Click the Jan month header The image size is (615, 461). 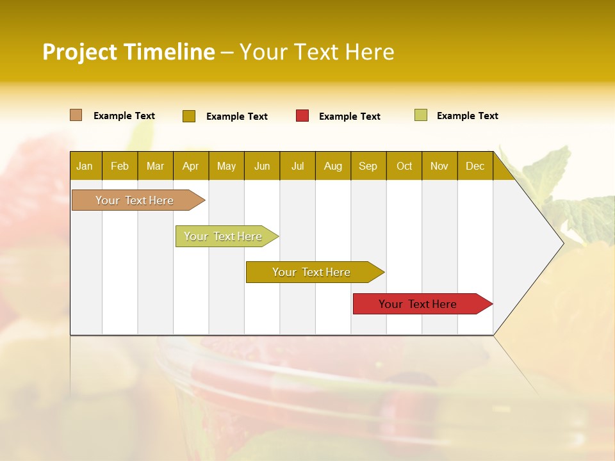click(85, 166)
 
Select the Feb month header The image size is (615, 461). click(120, 166)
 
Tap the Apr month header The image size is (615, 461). click(191, 166)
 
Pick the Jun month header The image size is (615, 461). click(262, 166)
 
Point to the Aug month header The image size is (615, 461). click(333, 166)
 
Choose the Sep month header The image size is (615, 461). click(368, 166)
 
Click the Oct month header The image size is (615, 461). click(404, 166)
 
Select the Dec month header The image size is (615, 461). click(475, 166)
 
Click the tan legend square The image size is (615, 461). click(76, 115)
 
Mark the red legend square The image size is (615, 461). click(302, 116)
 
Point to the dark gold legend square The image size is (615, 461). click(189, 116)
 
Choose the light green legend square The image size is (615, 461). click(421, 115)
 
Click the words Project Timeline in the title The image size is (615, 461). click(128, 52)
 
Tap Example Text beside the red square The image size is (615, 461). click(350, 117)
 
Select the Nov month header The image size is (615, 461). click(439, 166)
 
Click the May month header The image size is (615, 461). click(226, 166)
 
